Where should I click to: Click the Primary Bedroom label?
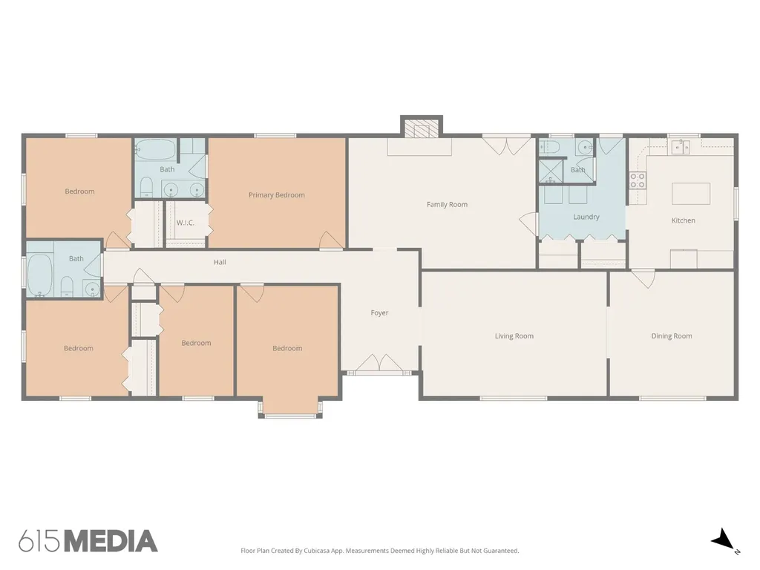(x=276, y=195)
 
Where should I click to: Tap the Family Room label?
(x=447, y=205)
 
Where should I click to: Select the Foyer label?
(x=379, y=313)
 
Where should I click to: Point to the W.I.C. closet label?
(x=185, y=223)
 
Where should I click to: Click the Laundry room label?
(x=586, y=217)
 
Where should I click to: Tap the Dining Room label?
(x=671, y=336)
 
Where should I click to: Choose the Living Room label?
(x=514, y=336)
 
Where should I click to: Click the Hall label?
(x=220, y=262)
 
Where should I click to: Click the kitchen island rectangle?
(x=691, y=194)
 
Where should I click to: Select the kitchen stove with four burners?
(x=638, y=180)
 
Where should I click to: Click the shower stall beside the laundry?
(x=551, y=171)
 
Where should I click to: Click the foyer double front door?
(x=379, y=363)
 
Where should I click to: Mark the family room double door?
(x=506, y=146)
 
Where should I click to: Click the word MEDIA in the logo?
(x=111, y=541)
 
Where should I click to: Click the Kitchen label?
(x=683, y=220)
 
